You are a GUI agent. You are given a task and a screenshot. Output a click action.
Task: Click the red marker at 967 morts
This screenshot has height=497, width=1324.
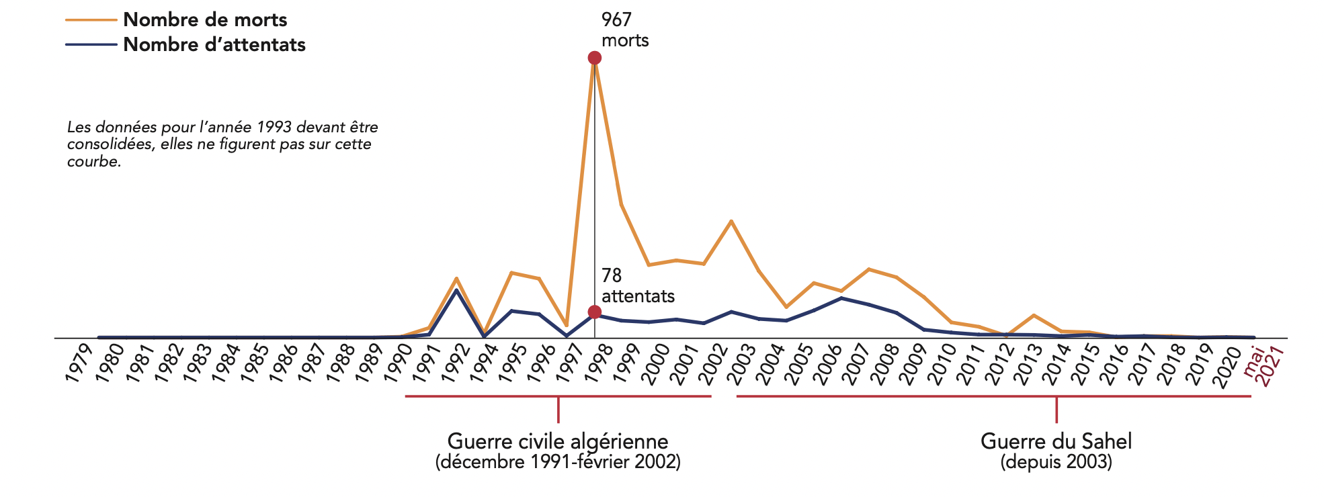tap(594, 58)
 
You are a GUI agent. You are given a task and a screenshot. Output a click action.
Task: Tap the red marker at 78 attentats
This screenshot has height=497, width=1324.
tap(594, 312)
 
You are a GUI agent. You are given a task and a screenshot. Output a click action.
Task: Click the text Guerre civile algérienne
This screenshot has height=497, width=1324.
tap(558, 441)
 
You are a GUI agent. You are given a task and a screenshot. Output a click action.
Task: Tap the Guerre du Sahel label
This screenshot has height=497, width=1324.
tap(1056, 441)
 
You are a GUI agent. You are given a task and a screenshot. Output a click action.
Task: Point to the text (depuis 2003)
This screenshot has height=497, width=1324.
tap(1056, 462)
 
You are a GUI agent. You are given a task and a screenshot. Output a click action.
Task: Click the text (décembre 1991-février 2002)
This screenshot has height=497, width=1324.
tap(558, 462)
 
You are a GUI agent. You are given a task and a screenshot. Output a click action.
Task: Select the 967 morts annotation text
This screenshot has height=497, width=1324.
tap(624, 30)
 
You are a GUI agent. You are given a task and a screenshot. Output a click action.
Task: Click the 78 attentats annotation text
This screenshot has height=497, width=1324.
tap(637, 286)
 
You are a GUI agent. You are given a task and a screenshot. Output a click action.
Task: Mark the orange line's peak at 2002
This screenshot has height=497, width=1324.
tap(731, 221)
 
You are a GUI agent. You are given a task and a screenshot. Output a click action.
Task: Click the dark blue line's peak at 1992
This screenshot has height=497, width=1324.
tap(457, 289)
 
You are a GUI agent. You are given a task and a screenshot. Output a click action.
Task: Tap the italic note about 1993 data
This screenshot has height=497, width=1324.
tap(222, 144)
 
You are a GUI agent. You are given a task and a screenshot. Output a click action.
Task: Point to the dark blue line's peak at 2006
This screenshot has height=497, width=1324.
tap(841, 298)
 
